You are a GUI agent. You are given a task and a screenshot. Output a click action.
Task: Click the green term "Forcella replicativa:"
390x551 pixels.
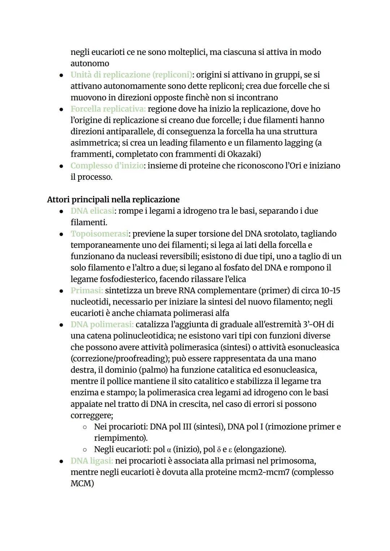point(108,109)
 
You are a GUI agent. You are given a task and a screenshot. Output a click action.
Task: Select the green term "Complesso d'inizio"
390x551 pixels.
point(107,165)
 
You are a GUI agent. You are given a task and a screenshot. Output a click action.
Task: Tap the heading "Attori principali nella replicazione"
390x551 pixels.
point(113,199)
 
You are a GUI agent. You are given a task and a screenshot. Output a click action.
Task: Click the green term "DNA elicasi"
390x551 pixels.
point(92,211)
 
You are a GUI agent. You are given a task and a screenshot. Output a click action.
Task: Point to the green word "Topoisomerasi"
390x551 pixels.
point(99,234)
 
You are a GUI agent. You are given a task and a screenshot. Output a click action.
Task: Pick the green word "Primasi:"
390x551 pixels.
point(87,290)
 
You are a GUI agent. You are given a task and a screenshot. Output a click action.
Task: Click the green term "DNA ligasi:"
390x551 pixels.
point(92,461)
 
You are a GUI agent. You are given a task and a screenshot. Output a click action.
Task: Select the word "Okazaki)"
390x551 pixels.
point(244,154)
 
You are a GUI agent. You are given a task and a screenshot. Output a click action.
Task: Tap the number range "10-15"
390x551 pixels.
point(330,290)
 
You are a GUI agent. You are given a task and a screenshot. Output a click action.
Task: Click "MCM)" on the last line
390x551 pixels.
point(82,483)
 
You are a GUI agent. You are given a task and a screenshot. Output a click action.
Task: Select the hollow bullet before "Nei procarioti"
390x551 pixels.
point(84,427)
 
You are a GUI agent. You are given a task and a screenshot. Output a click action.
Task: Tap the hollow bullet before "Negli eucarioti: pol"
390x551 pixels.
point(84,450)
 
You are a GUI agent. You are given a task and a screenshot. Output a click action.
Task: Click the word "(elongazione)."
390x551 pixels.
point(260,449)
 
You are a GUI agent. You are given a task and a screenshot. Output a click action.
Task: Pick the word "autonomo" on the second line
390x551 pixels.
point(90,63)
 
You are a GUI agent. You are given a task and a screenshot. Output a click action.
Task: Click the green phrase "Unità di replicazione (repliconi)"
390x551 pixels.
point(131,75)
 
